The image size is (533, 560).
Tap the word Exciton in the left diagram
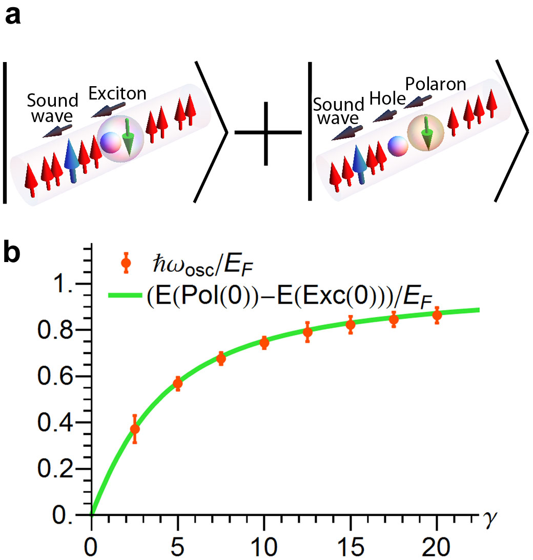pos(117,93)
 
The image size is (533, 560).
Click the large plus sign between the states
pos(266,133)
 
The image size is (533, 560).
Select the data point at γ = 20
pos(437,315)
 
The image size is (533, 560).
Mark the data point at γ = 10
pos(264,343)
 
